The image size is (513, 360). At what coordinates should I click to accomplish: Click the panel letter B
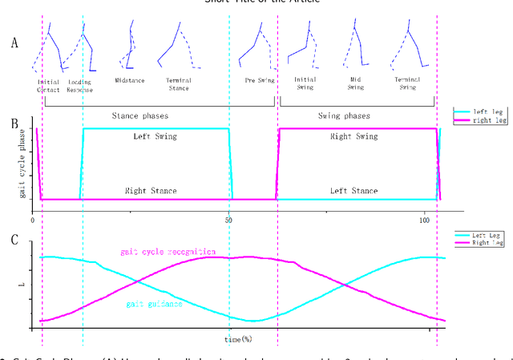click(x=13, y=123)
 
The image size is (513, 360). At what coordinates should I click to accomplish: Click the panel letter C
click(x=13, y=238)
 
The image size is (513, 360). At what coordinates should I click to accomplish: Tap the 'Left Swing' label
click(x=156, y=137)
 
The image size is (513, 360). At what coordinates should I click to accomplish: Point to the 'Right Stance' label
click(x=151, y=191)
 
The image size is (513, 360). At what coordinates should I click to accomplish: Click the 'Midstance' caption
click(x=130, y=81)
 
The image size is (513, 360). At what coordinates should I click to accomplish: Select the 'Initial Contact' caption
click(x=49, y=85)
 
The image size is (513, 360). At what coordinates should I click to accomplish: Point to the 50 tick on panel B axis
click(x=229, y=218)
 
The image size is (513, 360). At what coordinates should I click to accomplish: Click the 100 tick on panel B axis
click(x=425, y=218)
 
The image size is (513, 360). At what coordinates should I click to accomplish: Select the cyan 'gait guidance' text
click(x=154, y=305)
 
